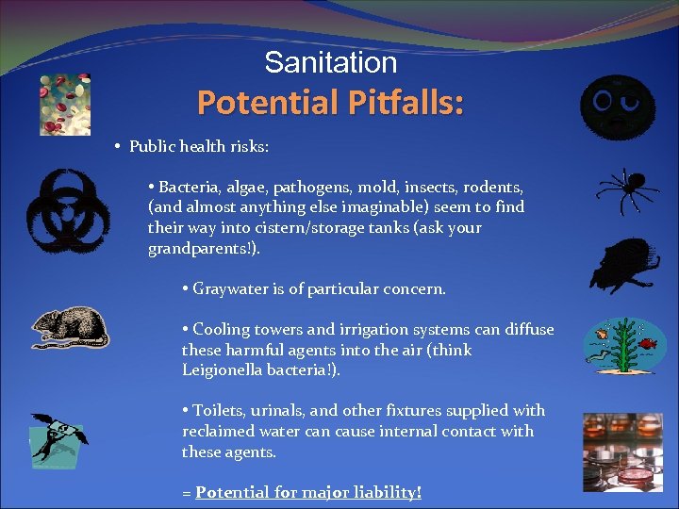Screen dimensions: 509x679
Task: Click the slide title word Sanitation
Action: coord(330,62)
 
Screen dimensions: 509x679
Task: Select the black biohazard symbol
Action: coord(67,211)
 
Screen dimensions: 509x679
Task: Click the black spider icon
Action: coord(626,192)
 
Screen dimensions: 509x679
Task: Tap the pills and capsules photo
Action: coord(66,104)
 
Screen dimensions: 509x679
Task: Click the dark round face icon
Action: coord(618,106)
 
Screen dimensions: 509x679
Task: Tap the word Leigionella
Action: coord(226,370)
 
